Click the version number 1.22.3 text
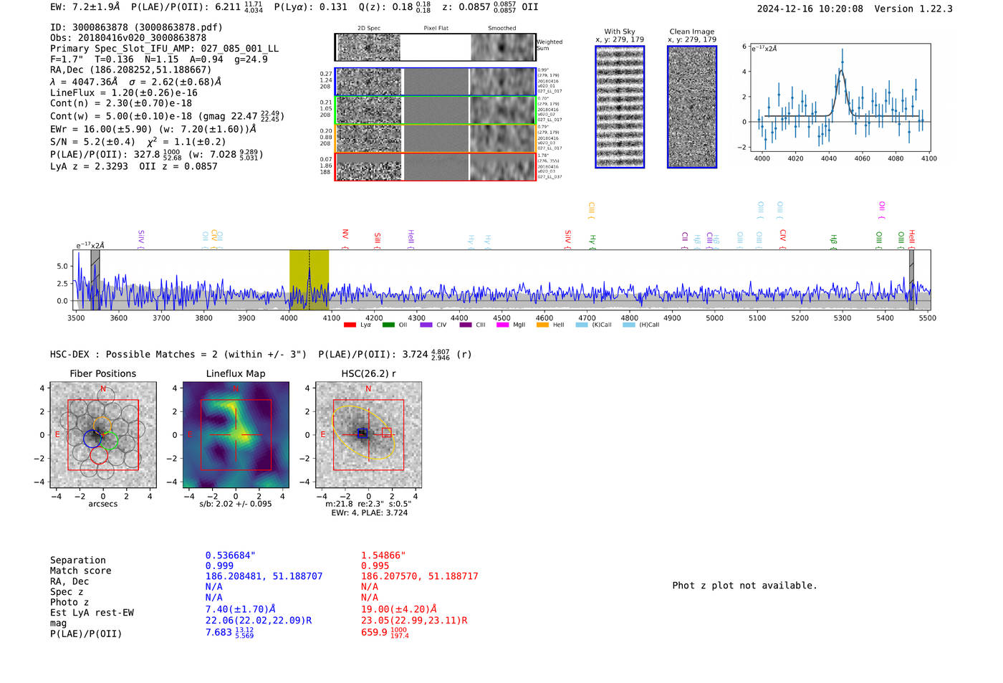pyautogui.click(x=929, y=9)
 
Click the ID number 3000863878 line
pyautogui.click(x=136, y=27)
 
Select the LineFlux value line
pyautogui.click(x=123, y=92)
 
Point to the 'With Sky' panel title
pyautogui.click(x=620, y=32)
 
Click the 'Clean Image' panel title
pyautogui.click(x=691, y=32)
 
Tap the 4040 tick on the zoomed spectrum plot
pyautogui.click(x=829, y=158)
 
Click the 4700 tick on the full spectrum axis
pyautogui.click(x=587, y=317)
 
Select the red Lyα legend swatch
pyautogui.click(x=350, y=325)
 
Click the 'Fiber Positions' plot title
pyautogui.click(x=102, y=373)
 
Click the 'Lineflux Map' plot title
pyautogui.click(x=236, y=373)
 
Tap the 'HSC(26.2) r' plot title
pyautogui.click(x=368, y=373)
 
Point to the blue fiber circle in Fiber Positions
pyautogui.click(x=92, y=439)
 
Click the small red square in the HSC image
pyautogui.click(x=386, y=432)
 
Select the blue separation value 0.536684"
pyautogui.click(x=230, y=555)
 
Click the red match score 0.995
pyautogui.click(x=375, y=565)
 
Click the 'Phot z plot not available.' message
pyautogui.click(x=744, y=586)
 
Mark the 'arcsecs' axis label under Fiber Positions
pyautogui.click(x=102, y=504)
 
